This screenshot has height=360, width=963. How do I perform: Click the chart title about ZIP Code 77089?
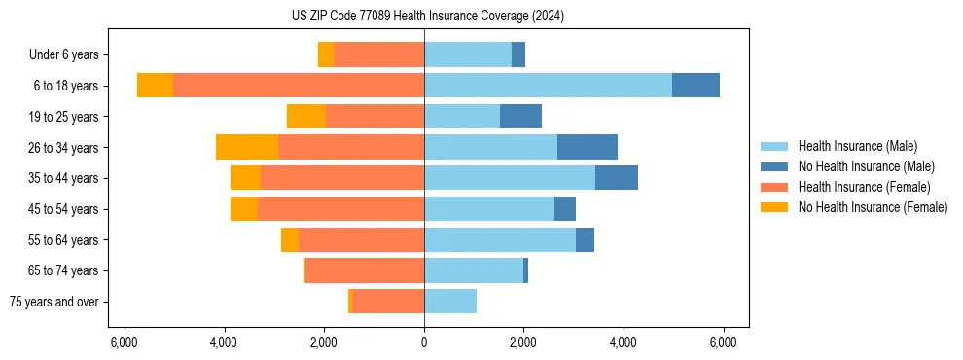(x=427, y=16)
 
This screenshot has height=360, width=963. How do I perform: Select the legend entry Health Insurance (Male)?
(x=857, y=146)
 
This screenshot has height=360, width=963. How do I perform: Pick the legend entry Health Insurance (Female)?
(x=864, y=187)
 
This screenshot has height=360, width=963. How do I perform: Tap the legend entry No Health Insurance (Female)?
(x=873, y=207)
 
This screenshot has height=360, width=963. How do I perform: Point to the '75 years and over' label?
(x=53, y=302)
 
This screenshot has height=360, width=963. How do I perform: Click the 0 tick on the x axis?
(x=424, y=342)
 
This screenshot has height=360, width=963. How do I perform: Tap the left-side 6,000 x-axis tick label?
(x=125, y=342)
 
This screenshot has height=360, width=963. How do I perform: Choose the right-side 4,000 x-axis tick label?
(x=624, y=342)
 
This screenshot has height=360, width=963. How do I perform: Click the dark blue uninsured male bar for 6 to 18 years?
(x=695, y=86)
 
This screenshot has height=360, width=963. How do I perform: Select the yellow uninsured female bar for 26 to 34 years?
(x=247, y=147)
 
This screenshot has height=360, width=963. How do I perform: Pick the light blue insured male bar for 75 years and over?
(x=450, y=302)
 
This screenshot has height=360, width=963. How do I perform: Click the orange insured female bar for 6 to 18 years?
(x=299, y=86)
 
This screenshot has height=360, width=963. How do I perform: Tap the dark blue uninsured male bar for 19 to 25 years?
(x=520, y=117)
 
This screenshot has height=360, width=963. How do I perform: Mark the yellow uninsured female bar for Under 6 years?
(x=326, y=55)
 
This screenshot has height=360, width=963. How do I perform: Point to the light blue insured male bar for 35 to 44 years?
(x=510, y=178)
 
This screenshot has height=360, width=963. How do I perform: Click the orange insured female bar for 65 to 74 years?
(x=365, y=270)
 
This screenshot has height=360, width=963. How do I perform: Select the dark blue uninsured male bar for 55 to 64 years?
(x=585, y=239)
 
